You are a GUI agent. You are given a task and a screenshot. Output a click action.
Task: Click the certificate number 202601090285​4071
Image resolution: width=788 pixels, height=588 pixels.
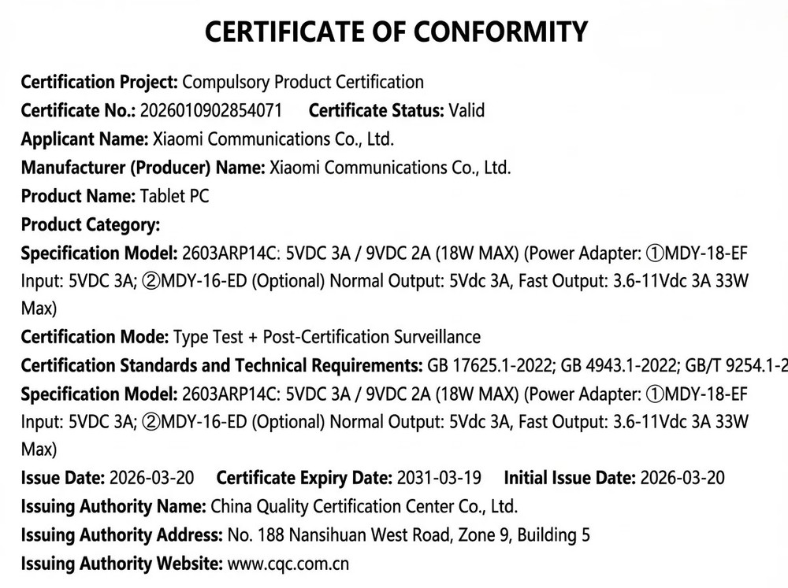210,111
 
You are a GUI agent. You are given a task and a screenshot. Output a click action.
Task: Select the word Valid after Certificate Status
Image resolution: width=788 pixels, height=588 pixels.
466,111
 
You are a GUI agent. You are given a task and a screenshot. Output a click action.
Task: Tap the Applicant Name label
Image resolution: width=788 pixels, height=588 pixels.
84,139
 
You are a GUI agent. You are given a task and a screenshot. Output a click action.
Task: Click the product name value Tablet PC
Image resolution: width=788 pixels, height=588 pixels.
175,196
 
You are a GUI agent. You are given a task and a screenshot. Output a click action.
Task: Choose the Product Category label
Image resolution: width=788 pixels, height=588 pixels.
91,224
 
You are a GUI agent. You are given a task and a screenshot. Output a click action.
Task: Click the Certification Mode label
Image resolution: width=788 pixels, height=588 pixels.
95,337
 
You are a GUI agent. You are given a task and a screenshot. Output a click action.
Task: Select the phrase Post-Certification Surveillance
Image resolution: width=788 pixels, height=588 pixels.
371,337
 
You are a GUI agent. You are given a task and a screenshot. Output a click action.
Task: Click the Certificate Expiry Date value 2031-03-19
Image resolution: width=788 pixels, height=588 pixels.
439,478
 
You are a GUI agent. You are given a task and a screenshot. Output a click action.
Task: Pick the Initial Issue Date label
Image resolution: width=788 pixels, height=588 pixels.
570,478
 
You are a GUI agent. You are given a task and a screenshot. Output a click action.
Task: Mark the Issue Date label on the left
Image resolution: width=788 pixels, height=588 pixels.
62,478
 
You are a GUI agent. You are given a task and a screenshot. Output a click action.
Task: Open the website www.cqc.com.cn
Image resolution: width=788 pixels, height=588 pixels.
288,564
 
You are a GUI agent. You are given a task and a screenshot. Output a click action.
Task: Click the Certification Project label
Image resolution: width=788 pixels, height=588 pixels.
99,83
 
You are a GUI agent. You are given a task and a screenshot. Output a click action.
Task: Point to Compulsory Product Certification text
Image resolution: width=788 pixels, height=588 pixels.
303,83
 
